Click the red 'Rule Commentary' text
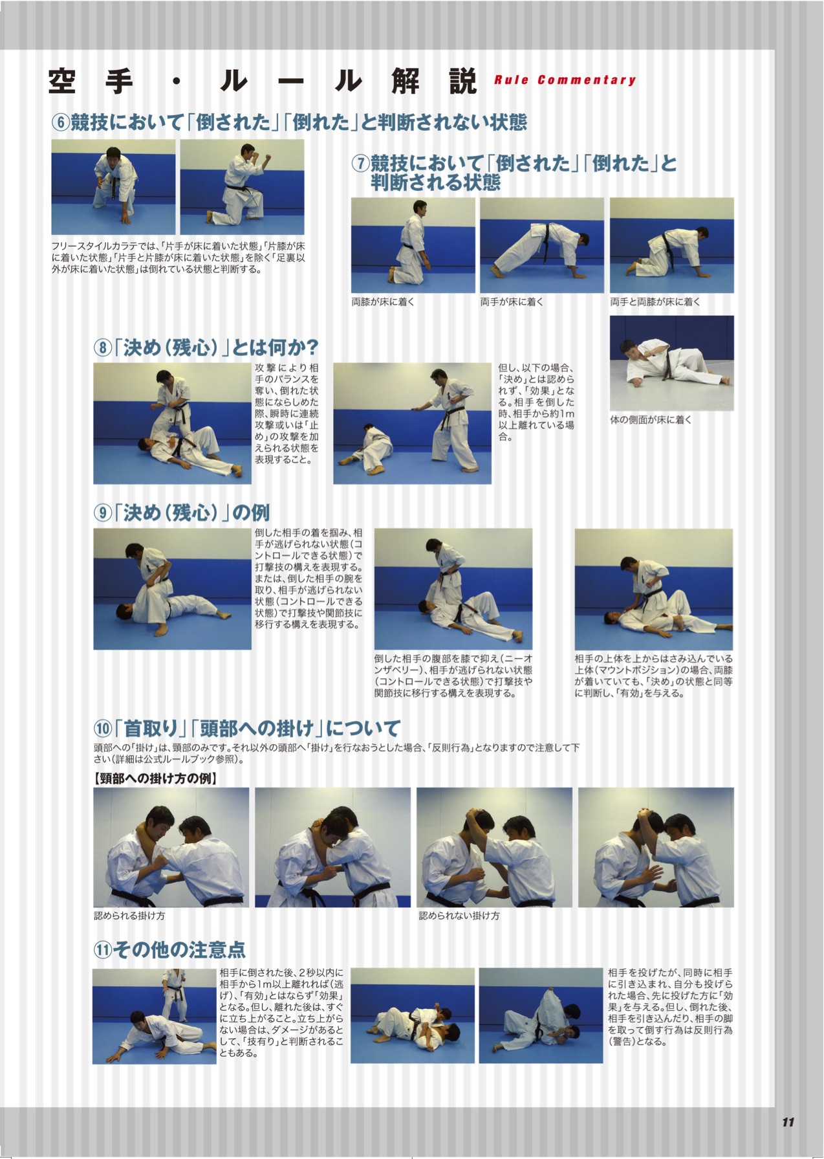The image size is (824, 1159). coord(565,80)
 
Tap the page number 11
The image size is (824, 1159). coord(787,1121)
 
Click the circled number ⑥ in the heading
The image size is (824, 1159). coord(60,122)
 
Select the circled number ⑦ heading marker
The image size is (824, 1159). coord(360,163)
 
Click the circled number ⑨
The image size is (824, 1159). coord(102,513)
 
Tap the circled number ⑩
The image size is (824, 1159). coord(103,728)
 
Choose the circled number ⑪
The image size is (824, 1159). coord(102,949)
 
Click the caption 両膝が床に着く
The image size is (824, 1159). coord(383,302)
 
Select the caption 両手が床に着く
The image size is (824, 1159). coord(512,302)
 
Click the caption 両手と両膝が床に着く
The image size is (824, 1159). coord(655,302)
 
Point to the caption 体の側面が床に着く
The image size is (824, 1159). coord(651,420)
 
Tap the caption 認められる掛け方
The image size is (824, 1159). coord(129,916)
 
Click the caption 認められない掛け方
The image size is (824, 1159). coord(459,916)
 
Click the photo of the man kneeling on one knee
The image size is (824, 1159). coord(242,182)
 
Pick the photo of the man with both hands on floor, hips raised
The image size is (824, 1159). coord(541,245)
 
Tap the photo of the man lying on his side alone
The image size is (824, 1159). coord(671,363)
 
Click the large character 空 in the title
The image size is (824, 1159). coord(62,82)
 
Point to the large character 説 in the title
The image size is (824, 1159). coord(462,82)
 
